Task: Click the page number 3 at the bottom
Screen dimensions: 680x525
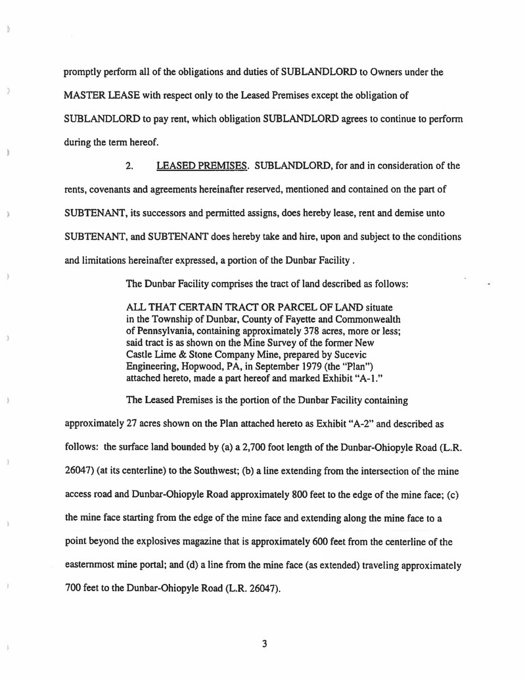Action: [x=263, y=644]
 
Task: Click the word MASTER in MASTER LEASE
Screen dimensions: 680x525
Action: [x=84, y=95]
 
